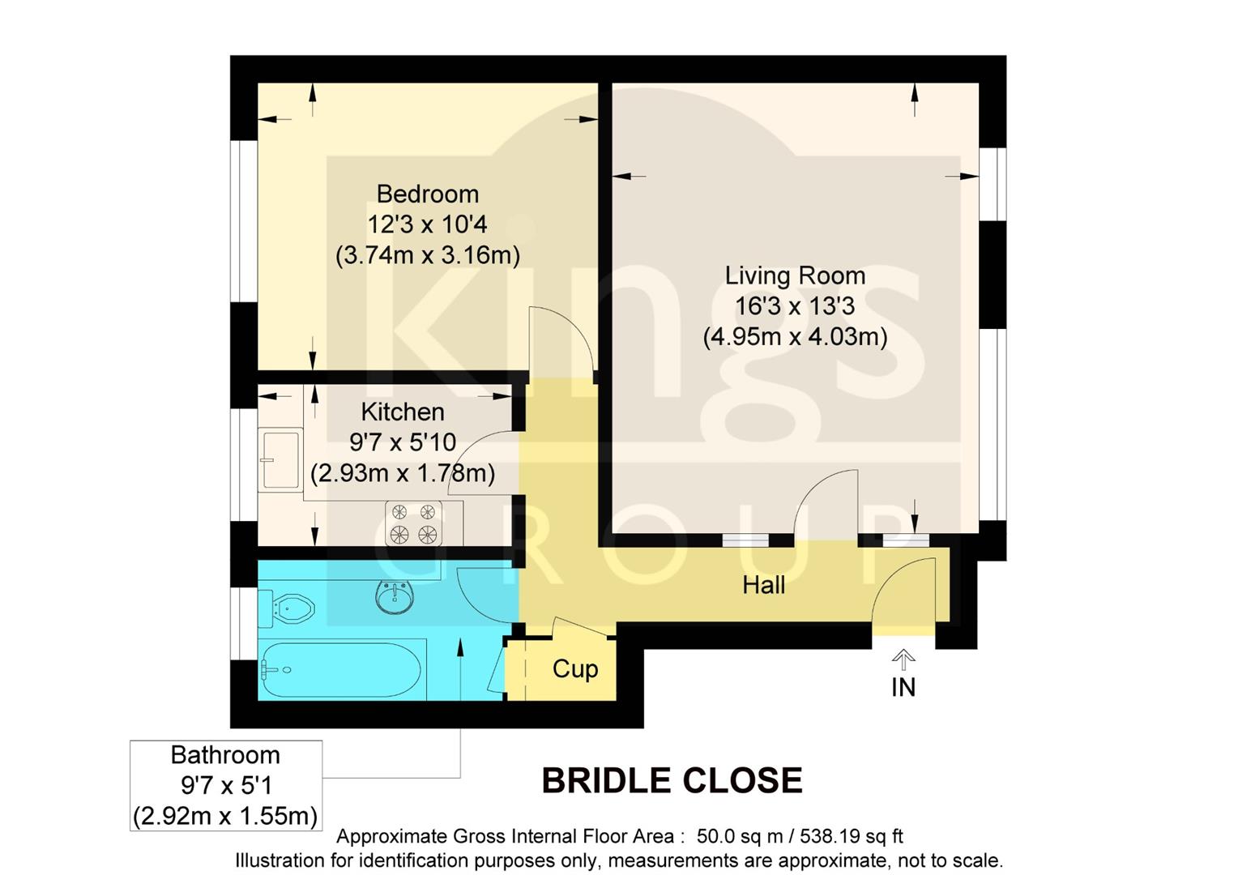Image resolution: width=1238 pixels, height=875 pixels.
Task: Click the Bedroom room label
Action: click(427, 194)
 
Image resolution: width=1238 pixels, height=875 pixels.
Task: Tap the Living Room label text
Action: click(795, 275)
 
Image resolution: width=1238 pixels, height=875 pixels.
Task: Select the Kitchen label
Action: click(403, 412)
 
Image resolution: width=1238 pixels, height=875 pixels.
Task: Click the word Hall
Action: click(763, 585)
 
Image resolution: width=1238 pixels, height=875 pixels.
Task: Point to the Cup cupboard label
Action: click(574, 669)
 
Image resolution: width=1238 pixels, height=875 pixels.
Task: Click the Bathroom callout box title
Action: click(225, 755)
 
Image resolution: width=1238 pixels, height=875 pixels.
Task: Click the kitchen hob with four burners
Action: click(412, 523)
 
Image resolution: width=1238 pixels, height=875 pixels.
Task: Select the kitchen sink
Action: click(281, 459)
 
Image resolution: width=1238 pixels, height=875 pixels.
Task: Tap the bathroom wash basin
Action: click(395, 597)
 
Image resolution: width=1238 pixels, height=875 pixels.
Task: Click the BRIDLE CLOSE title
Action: click(672, 781)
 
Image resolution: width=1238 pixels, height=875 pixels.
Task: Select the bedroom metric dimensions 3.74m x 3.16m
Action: click(427, 255)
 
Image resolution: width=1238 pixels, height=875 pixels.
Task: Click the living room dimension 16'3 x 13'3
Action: click(795, 306)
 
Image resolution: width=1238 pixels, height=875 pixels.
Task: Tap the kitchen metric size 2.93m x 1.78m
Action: click(403, 473)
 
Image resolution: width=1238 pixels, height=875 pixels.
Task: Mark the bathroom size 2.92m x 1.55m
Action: click(225, 816)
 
